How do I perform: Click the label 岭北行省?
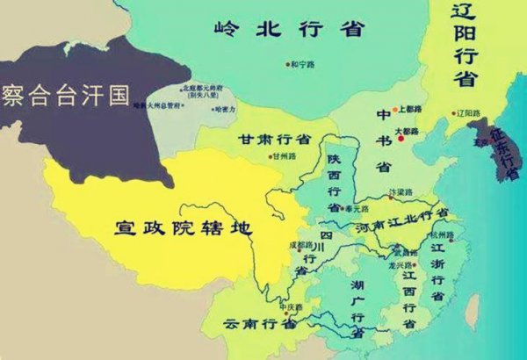288,28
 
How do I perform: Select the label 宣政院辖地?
184,227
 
